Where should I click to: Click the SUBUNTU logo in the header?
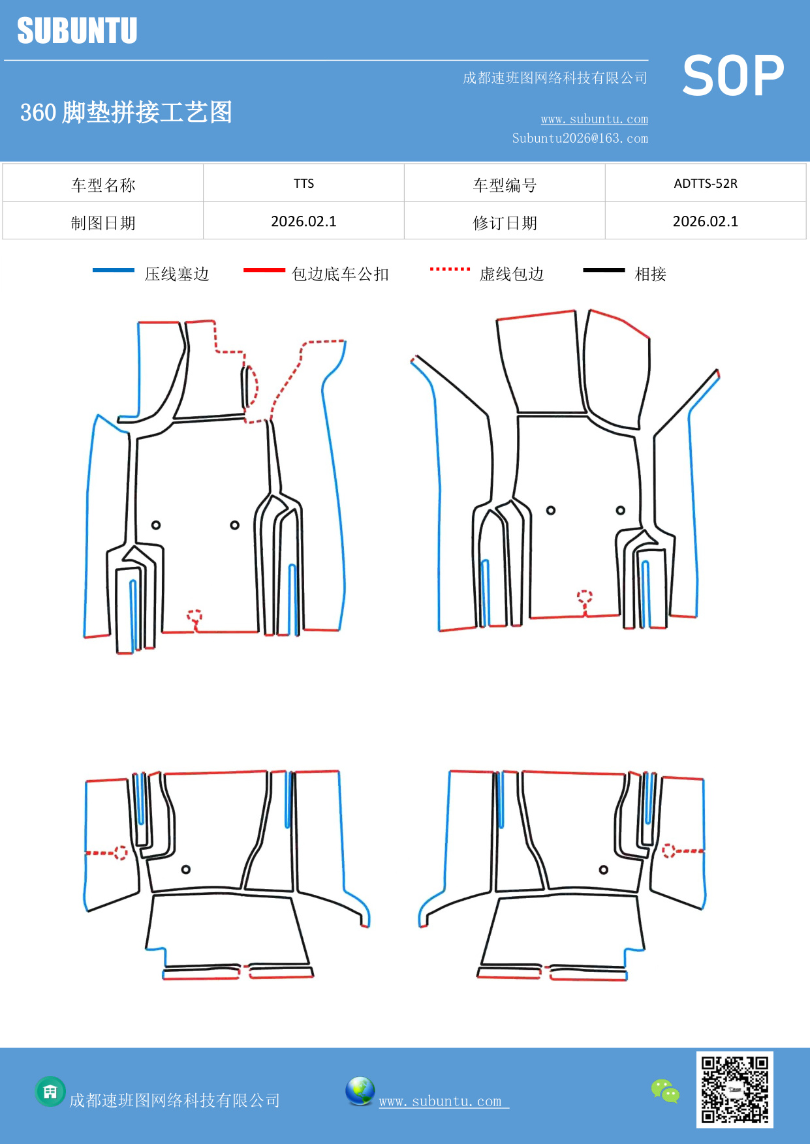pyautogui.click(x=77, y=31)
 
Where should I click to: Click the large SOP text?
pyautogui.click(x=732, y=76)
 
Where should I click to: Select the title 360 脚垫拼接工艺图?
pyautogui.click(x=126, y=112)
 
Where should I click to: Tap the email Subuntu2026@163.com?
pyautogui.click(x=580, y=138)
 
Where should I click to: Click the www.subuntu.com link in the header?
pyautogui.click(x=594, y=119)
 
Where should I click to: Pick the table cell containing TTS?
pyautogui.click(x=304, y=183)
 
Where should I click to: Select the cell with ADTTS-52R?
pyautogui.click(x=705, y=183)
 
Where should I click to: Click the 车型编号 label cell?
pyautogui.click(x=505, y=185)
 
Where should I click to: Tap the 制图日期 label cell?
pyautogui.click(x=103, y=223)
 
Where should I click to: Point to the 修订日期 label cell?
pyautogui.click(x=505, y=223)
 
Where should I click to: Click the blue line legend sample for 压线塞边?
pyautogui.click(x=113, y=270)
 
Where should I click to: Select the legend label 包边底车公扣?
pyautogui.click(x=339, y=274)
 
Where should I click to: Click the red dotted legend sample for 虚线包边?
pyautogui.click(x=450, y=269)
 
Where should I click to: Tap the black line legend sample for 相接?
pyautogui.click(x=604, y=270)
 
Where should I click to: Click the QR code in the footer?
pyautogui.click(x=734, y=1089)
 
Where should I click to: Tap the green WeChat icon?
pyautogui.click(x=665, y=1091)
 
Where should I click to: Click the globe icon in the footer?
pyautogui.click(x=360, y=1091)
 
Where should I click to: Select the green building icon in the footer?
pyautogui.click(x=50, y=1091)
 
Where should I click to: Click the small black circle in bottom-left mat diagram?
pyautogui.click(x=186, y=869)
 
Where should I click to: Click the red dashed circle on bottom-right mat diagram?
pyautogui.click(x=668, y=850)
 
